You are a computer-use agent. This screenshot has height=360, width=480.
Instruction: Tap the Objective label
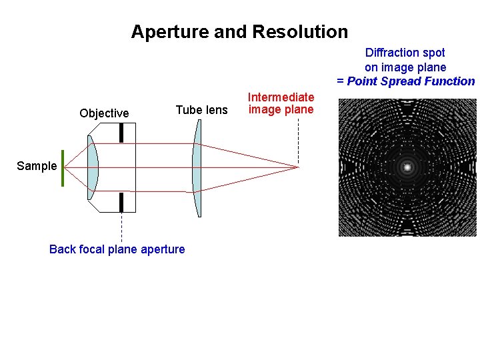point(104,113)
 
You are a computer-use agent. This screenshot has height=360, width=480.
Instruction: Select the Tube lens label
point(201,110)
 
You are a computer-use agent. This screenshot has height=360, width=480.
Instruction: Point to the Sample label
point(37,166)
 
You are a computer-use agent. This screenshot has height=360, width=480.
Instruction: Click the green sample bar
point(63,168)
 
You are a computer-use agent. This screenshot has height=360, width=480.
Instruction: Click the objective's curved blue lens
point(93,167)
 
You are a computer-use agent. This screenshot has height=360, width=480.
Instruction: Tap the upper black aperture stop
point(121,133)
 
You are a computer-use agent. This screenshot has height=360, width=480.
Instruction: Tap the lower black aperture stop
point(121,202)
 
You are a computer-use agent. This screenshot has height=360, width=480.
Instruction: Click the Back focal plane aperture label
point(117,249)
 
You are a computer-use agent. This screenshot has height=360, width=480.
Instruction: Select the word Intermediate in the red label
point(281,97)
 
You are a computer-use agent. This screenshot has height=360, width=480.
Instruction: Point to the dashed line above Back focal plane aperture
point(121,227)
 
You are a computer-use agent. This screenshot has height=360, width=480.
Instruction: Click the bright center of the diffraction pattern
point(407,167)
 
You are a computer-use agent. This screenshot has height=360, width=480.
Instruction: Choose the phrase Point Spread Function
point(411,81)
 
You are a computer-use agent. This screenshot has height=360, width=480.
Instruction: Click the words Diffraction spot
point(405,53)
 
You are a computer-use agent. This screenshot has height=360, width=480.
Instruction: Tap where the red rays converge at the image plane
point(297,167)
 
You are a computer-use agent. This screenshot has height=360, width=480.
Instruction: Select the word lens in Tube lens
point(216,110)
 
